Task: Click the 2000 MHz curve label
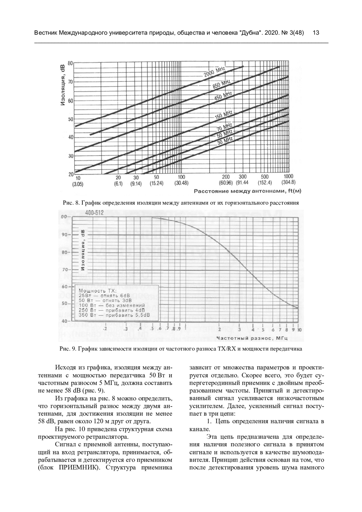215,73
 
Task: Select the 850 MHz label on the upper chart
222,84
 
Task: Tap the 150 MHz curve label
224,115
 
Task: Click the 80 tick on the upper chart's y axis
71,63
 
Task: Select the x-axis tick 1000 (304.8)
288,180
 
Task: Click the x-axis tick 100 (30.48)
181,180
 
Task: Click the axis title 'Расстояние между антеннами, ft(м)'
247,191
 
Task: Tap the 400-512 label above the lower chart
94,213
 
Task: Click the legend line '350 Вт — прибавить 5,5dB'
114,315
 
